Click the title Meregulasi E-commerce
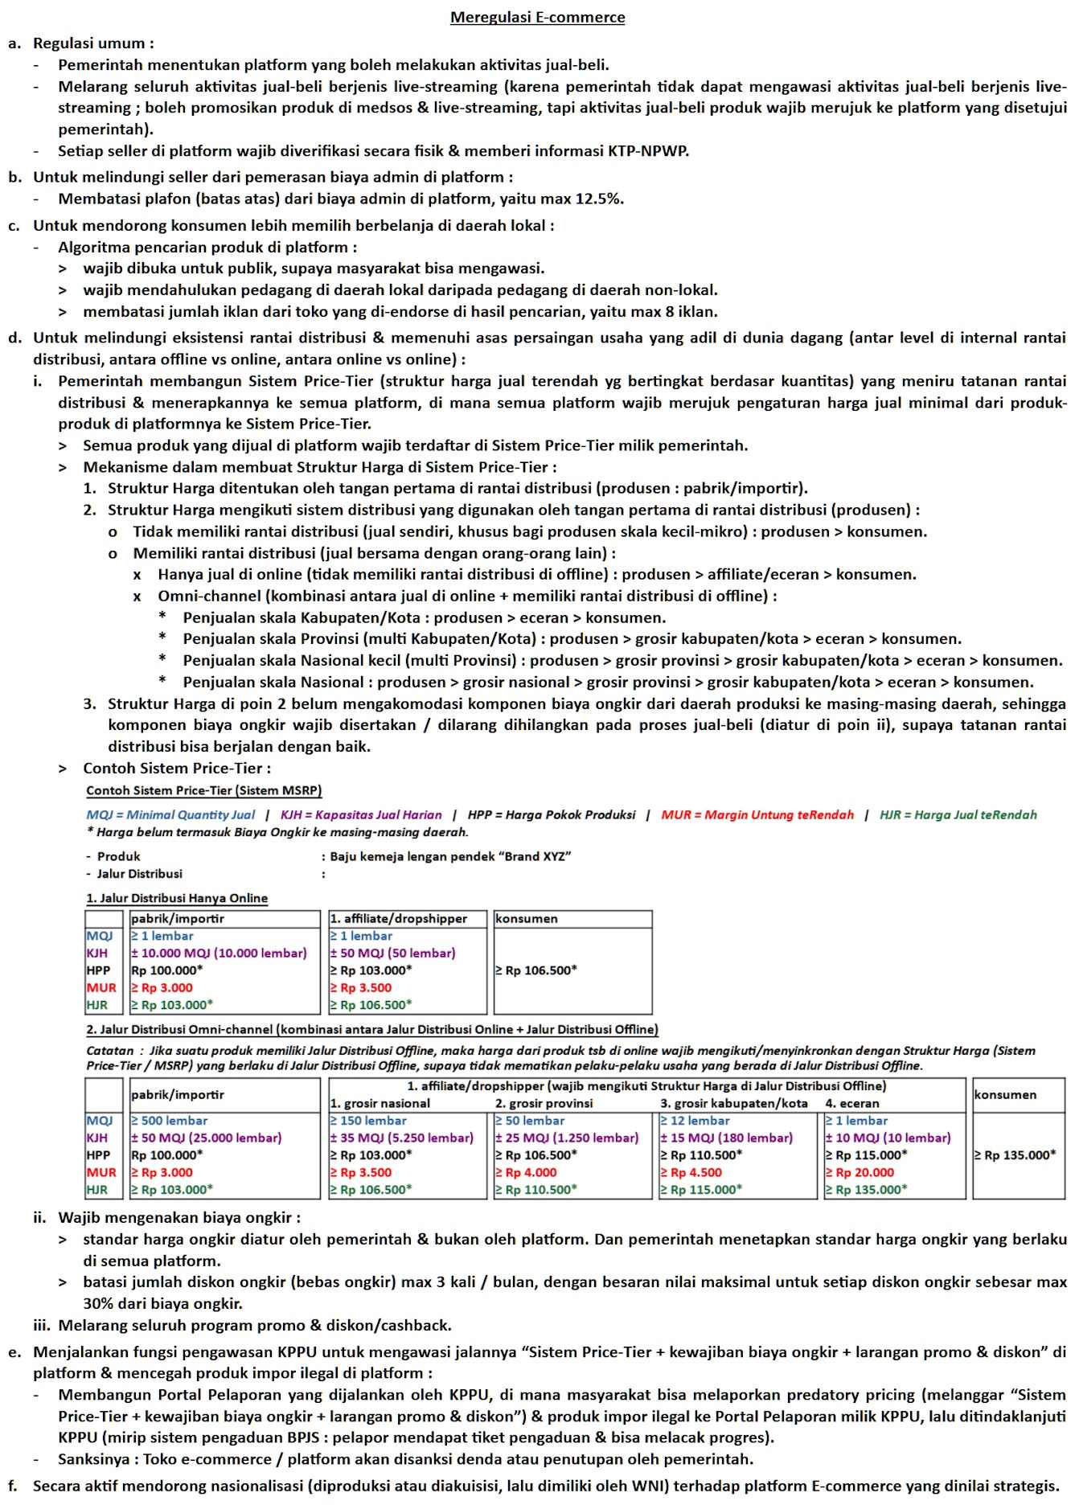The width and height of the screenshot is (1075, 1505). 537,17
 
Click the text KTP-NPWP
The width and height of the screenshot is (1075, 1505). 648,150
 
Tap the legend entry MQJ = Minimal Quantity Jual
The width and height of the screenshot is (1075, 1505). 170,814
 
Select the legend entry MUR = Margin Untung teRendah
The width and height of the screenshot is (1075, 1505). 757,814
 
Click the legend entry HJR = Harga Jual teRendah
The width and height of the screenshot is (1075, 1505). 958,814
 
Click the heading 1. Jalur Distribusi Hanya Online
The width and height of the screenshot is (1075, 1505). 177,898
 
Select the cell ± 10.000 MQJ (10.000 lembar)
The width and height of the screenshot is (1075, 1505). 219,953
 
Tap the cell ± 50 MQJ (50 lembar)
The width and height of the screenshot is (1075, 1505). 392,953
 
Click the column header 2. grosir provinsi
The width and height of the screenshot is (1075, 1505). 544,1103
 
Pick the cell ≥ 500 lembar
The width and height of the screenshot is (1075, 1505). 169,1121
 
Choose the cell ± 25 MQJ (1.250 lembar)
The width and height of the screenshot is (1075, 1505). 567,1138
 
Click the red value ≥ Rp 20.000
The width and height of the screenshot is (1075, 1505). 860,1172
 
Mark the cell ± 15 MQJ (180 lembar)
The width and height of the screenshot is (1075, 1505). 726,1138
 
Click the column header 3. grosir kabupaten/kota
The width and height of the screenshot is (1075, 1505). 733,1103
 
